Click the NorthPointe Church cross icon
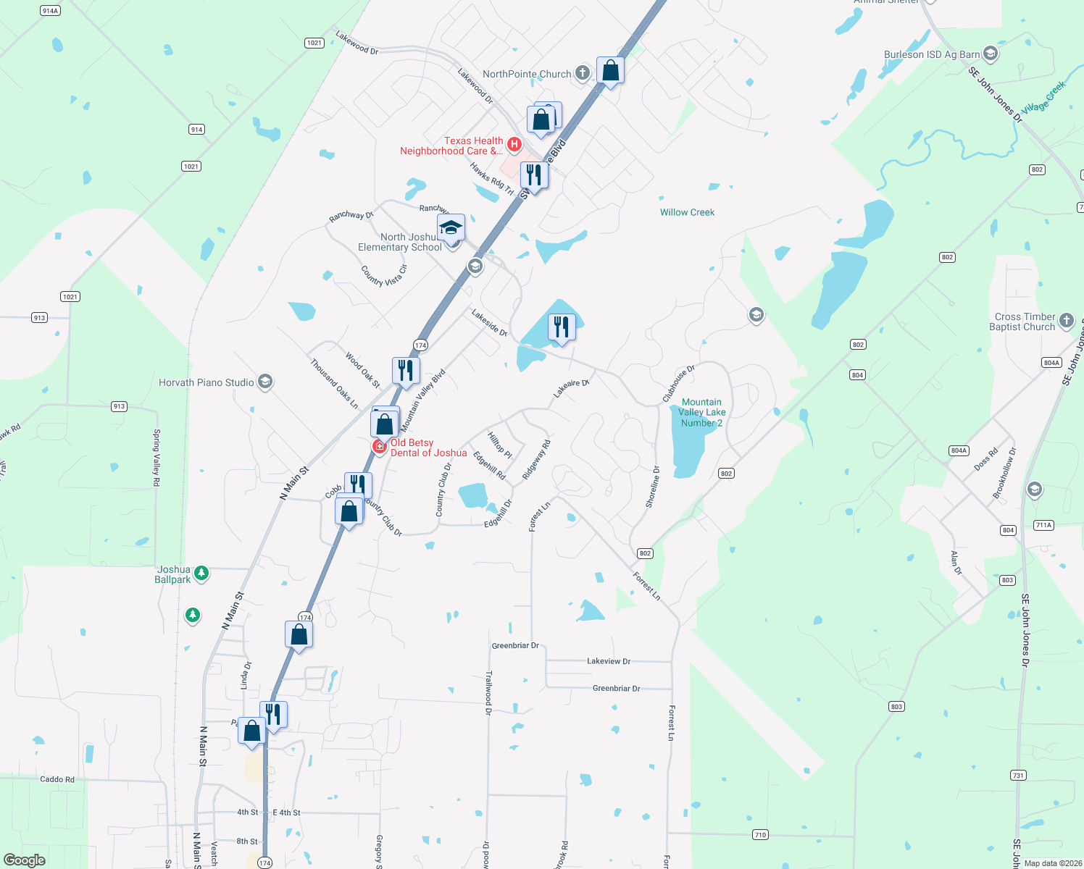(x=583, y=72)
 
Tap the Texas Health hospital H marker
(x=514, y=145)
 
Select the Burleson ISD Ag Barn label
(x=932, y=54)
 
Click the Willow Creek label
(x=687, y=212)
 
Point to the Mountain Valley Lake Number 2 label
(x=701, y=412)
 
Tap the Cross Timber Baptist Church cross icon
(x=1066, y=320)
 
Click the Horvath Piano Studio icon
(x=265, y=382)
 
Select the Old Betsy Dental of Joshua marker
(x=379, y=446)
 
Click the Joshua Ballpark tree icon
(x=201, y=573)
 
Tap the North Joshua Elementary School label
(x=400, y=242)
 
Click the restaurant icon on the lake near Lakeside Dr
(x=562, y=327)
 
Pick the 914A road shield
(x=50, y=11)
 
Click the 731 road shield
(x=1018, y=776)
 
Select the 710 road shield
(x=760, y=835)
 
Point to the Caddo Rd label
(x=57, y=779)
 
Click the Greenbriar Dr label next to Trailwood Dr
(x=515, y=645)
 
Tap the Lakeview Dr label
(x=609, y=661)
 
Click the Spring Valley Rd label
(x=157, y=452)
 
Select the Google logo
(x=25, y=860)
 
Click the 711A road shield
(x=1043, y=525)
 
